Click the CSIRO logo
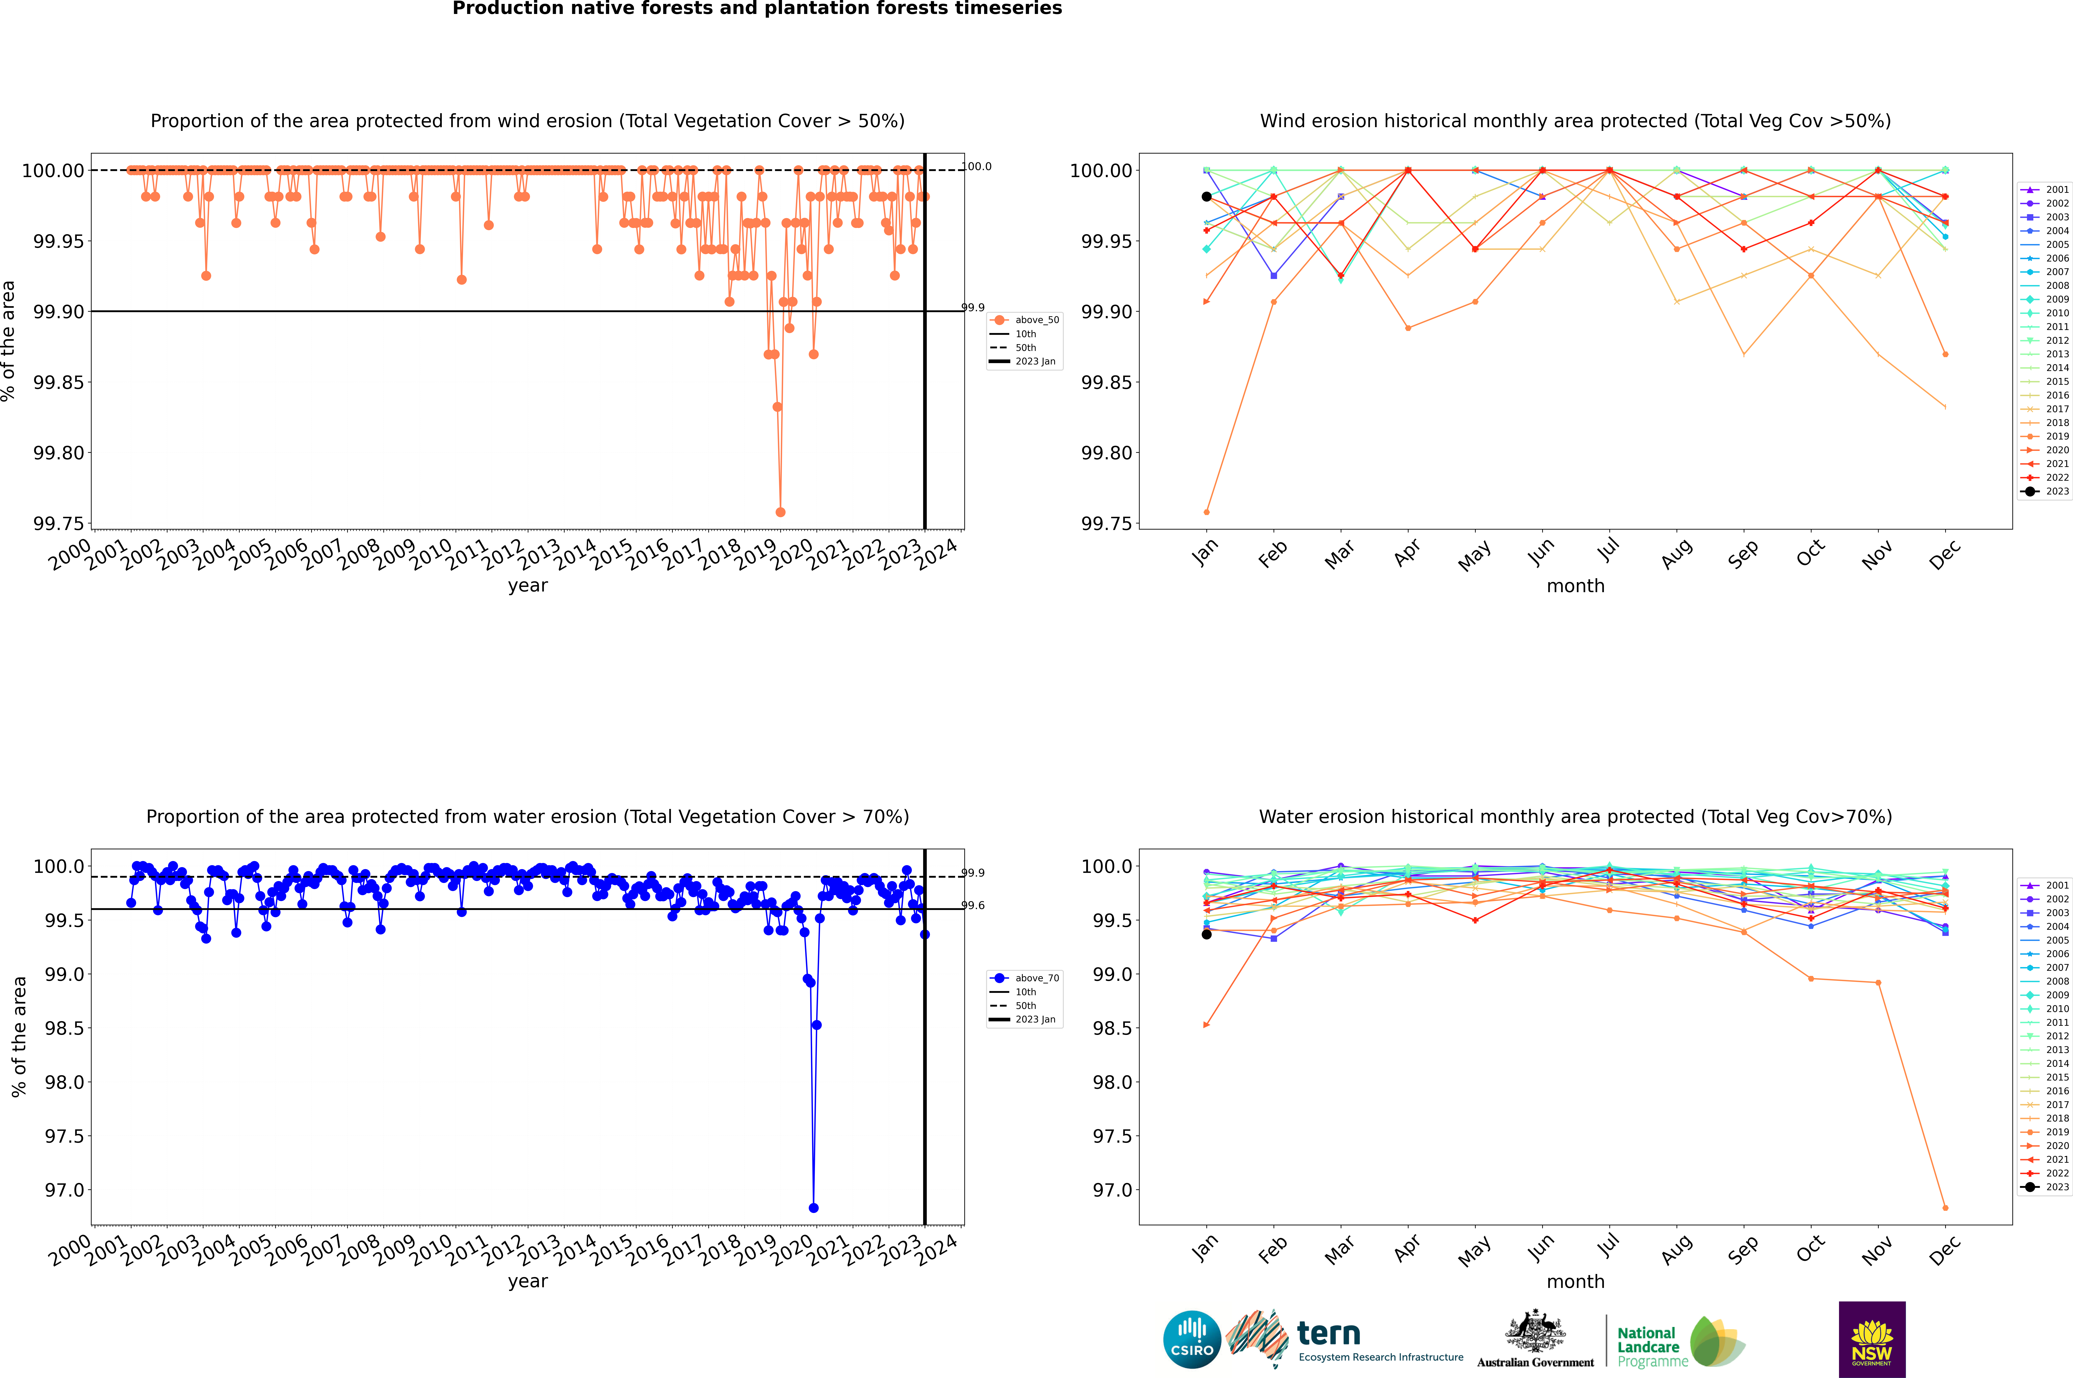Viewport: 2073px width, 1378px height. point(1192,1339)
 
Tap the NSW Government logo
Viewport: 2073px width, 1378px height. point(1872,1339)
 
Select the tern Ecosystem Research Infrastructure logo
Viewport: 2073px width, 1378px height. point(1344,1339)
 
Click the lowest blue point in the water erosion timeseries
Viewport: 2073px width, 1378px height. point(814,1207)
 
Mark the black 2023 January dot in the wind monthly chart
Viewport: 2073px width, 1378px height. point(1207,197)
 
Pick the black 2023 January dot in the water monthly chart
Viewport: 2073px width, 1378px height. point(1207,934)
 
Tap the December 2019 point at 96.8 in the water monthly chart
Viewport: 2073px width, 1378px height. point(1945,1207)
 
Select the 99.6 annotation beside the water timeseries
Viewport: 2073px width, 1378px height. point(973,905)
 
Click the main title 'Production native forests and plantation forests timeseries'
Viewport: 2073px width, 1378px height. point(757,9)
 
